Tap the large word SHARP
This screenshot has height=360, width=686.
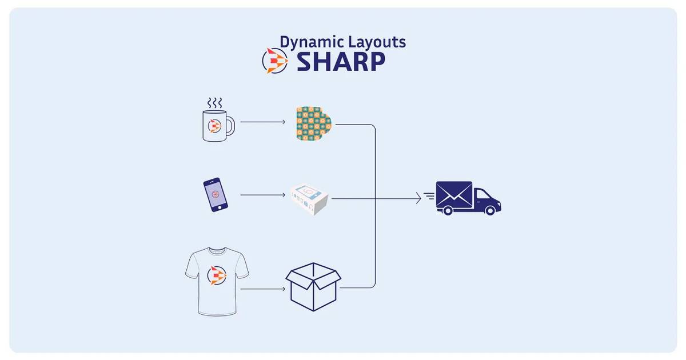(x=341, y=62)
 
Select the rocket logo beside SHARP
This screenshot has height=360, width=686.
(x=275, y=61)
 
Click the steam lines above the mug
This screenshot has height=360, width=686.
(x=214, y=103)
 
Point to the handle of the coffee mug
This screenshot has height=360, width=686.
(x=231, y=126)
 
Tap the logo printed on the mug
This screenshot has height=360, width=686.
(x=215, y=126)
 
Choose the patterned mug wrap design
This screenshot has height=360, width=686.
(x=314, y=123)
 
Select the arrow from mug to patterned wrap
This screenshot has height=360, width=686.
(x=263, y=122)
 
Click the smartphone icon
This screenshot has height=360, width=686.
(x=216, y=195)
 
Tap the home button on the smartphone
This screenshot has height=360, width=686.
(x=220, y=208)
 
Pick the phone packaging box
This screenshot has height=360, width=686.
(x=309, y=199)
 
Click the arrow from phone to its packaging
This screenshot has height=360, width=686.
(x=263, y=195)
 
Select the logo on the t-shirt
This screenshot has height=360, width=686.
(x=217, y=275)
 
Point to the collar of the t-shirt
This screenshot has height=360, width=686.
(x=217, y=250)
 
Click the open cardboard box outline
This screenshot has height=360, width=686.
(x=313, y=286)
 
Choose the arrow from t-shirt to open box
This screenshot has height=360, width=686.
(x=263, y=289)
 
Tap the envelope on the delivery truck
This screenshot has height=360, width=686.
(x=454, y=194)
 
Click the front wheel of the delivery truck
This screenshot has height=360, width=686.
(x=490, y=210)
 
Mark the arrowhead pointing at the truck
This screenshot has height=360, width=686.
(x=418, y=198)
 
